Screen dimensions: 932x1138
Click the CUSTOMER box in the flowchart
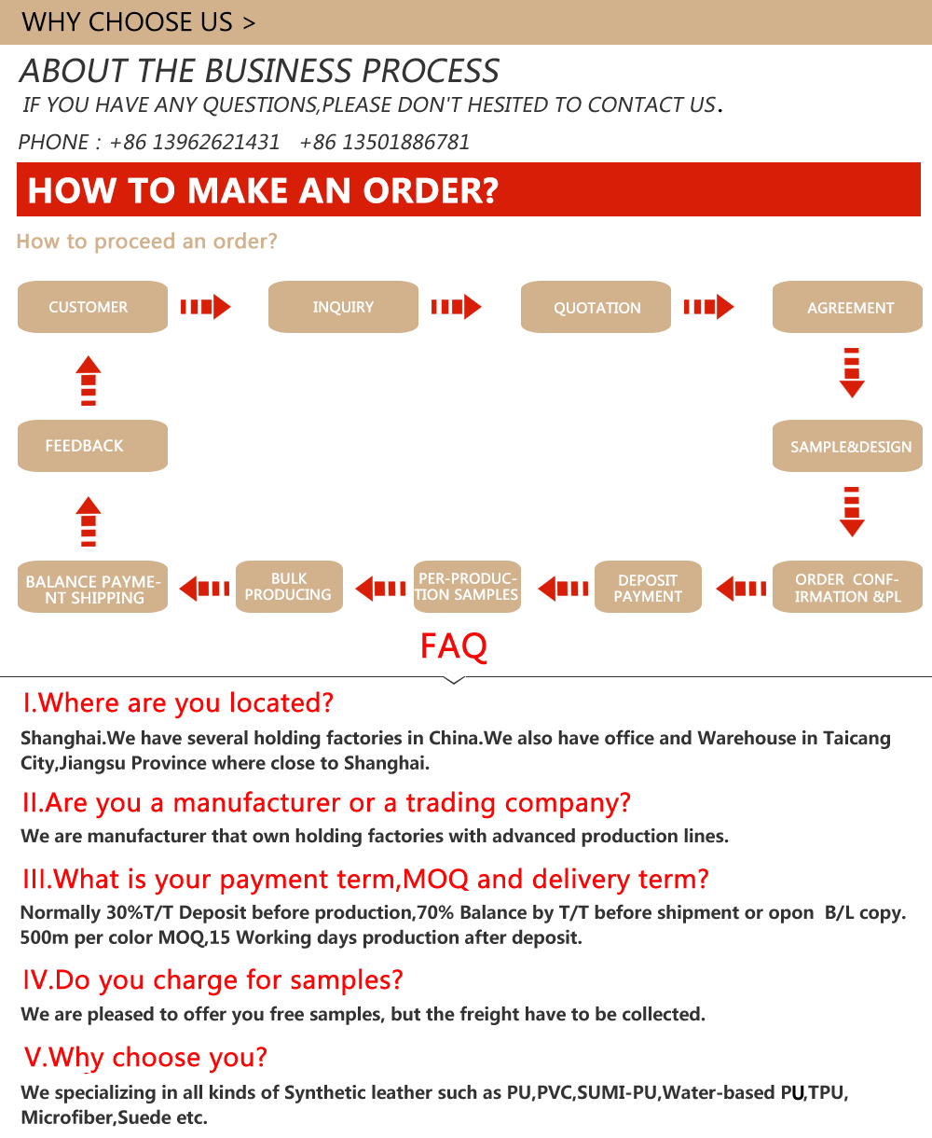92,307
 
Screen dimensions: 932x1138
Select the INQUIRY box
343,307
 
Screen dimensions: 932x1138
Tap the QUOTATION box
596,307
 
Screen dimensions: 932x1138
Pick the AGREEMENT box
847,307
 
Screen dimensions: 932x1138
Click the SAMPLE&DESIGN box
847,446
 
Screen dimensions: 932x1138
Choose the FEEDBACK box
92,446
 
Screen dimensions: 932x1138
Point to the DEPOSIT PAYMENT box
648,587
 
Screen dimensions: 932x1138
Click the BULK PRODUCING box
290,587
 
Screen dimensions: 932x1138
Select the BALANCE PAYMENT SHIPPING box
92,587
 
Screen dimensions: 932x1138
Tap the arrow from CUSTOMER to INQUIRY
205,307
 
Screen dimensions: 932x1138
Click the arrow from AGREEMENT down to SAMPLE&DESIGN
852,373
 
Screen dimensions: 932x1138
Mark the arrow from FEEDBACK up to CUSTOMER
89,381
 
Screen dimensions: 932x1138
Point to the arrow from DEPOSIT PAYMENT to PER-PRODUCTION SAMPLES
563,589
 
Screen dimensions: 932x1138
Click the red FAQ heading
453,645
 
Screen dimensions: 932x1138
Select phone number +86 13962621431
195,142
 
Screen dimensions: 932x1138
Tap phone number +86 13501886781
384,142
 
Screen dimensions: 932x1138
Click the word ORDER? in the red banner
431,190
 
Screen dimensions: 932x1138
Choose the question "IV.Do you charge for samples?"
212,979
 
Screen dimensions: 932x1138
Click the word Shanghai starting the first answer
62,738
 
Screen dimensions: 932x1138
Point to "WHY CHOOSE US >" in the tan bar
138,22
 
